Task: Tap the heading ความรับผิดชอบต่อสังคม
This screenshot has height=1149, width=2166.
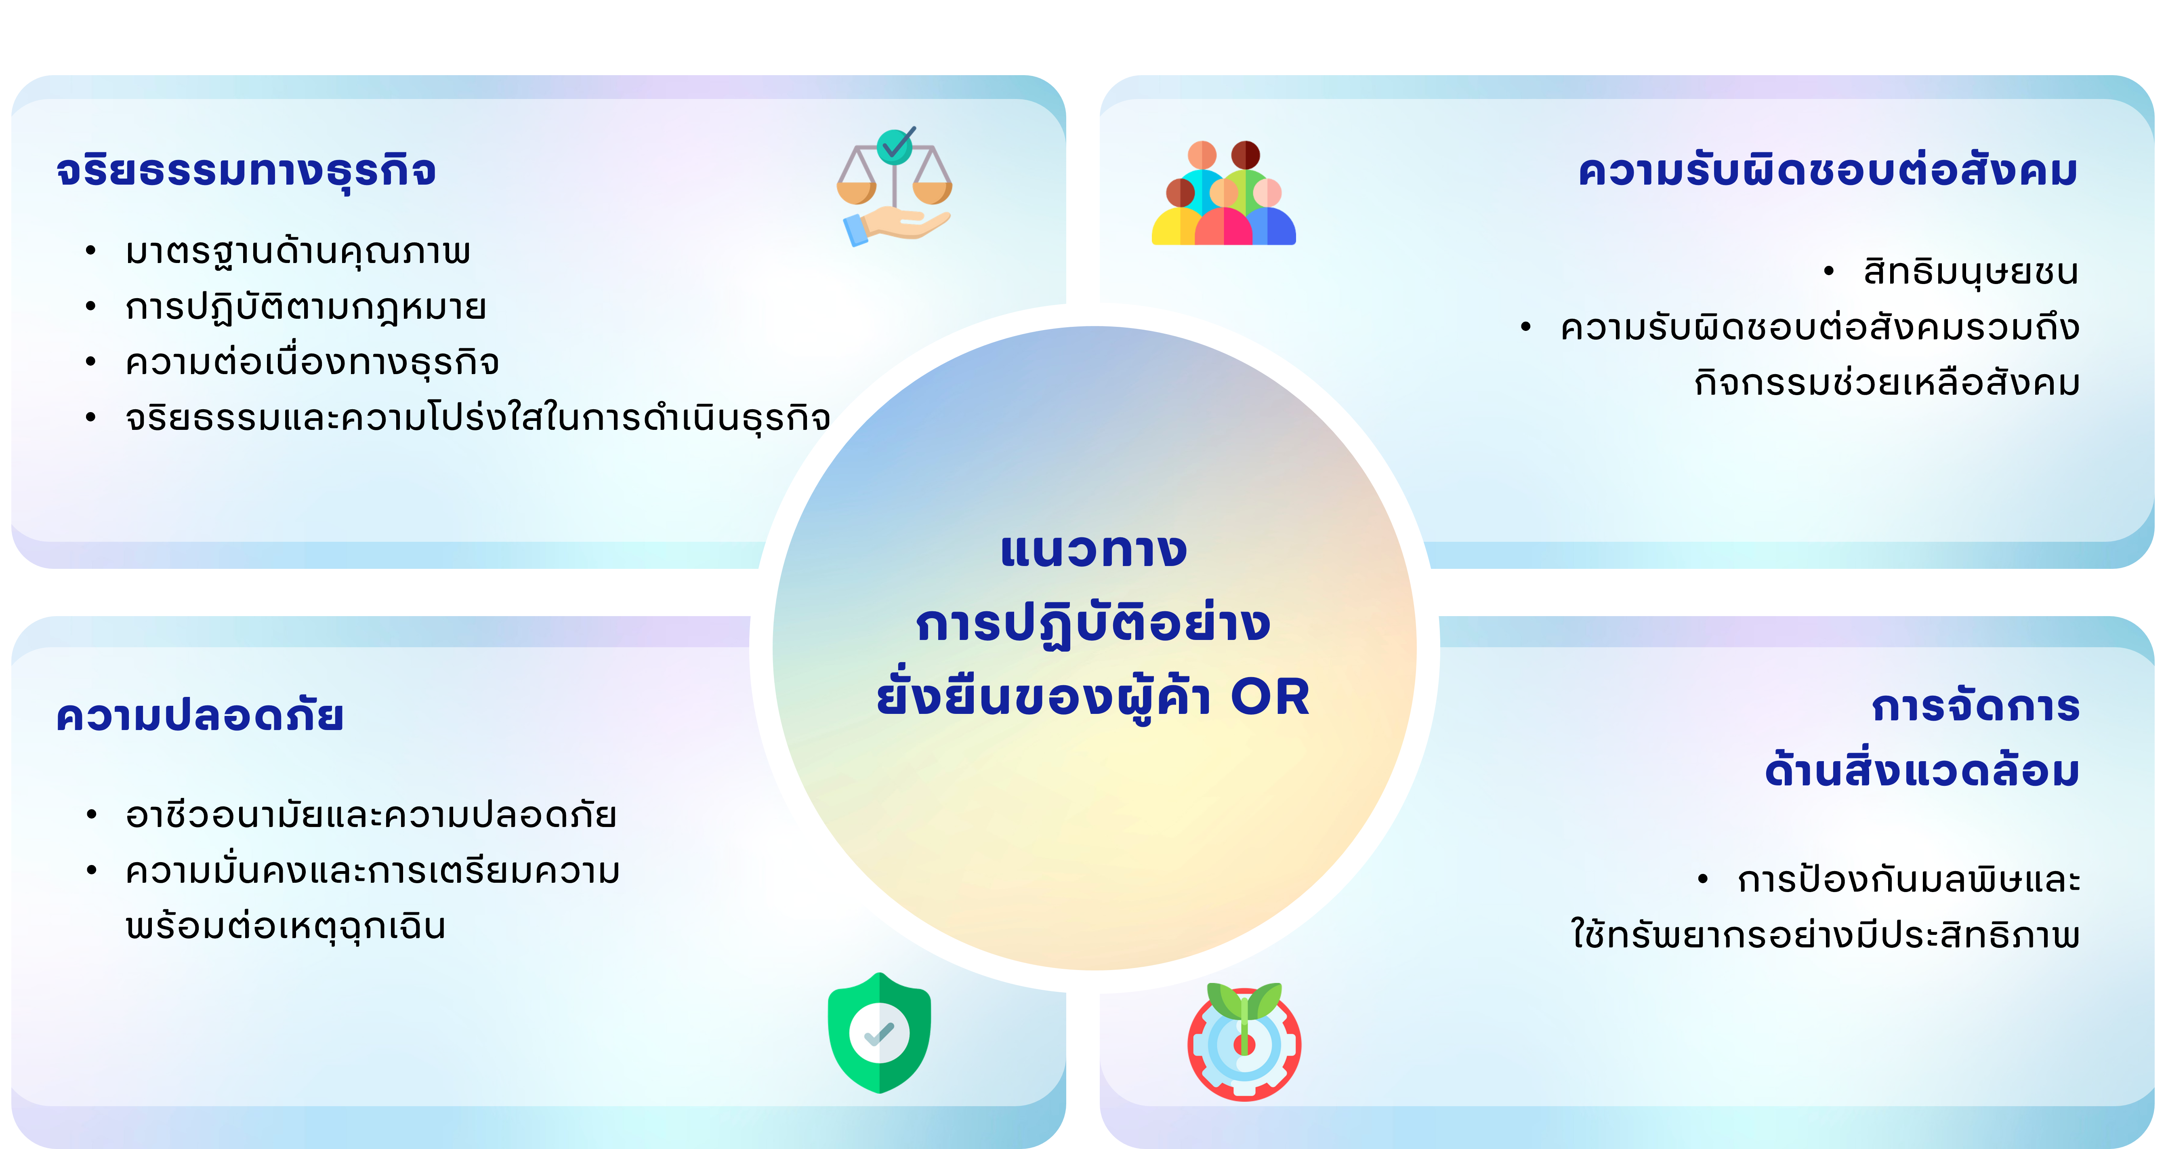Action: pos(1828,171)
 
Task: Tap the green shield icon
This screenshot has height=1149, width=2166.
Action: pos(880,1033)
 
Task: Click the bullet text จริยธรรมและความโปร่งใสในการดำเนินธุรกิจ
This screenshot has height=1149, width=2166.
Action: pos(478,417)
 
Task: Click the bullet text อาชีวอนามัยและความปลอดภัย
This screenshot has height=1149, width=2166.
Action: pos(371,814)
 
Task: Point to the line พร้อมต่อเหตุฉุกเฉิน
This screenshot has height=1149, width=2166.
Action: pos(285,926)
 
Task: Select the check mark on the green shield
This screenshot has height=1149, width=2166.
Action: pos(880,1034)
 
